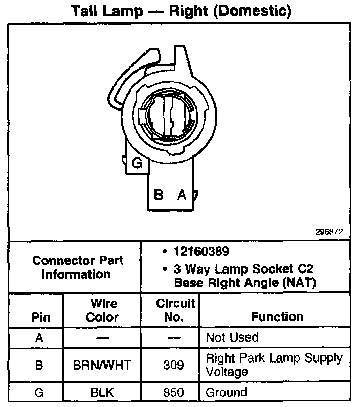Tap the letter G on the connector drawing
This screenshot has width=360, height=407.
[x=137, y=164]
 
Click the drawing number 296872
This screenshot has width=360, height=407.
[x=329, y=232]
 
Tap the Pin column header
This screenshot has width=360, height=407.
[x=40, y=317]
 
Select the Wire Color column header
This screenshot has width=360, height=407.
[x=102, y=310]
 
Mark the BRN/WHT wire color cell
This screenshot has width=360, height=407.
[x=102, y=364]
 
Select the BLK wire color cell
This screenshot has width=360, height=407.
[x=102, y=393]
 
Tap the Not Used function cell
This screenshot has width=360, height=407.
[x=232, y=337]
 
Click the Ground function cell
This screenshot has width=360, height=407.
[x=226, y=393]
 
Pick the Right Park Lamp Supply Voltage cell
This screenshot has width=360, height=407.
[x=274, y=364]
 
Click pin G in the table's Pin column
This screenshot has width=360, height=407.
[x=40, y=393]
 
